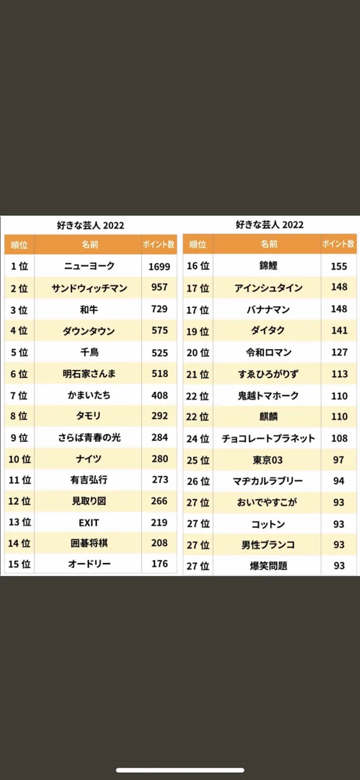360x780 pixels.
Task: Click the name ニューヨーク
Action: click(x=89, y=266)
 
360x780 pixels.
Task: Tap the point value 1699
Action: click(x=159, y=266)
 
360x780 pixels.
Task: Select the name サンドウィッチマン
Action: click(x=89, y=287)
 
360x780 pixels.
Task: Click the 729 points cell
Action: click(x=159, y=309)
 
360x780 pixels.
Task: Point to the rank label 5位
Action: click(x=19, y=352)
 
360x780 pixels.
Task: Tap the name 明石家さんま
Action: click(x=89, y=374)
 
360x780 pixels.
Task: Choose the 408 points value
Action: click(x=159, y=395)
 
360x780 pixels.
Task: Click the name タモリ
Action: click(x=89, y=416)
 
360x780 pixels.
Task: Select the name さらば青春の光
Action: click(x=89, y=437)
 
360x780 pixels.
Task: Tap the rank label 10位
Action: click(x=19, y=459)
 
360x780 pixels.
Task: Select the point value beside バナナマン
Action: click(x=339, y=309)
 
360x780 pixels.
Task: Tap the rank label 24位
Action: click(x=198, y=438)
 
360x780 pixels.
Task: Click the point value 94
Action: click(x=339, y=481)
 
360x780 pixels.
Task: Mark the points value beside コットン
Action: click(x=339, y=523)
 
